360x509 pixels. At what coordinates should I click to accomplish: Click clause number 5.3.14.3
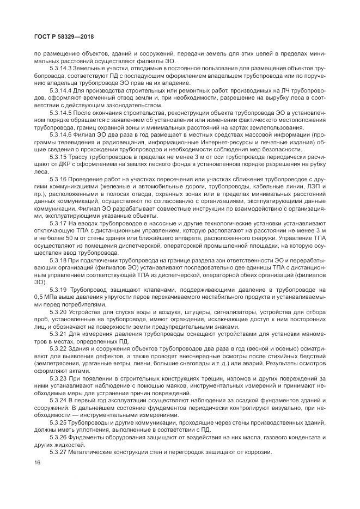click(63, 69)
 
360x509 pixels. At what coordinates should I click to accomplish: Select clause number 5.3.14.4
click(63, 90)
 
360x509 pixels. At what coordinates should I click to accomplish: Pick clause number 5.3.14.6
click(63, 133)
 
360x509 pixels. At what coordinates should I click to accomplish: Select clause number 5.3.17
click(60, 222)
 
